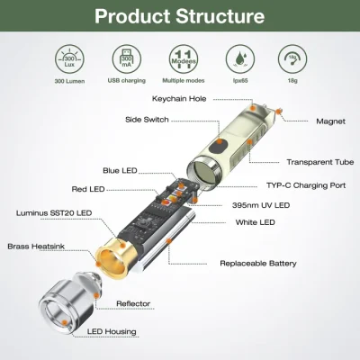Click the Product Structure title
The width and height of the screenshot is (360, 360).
tap(179, 16)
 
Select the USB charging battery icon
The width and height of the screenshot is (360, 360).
tap(125, 57)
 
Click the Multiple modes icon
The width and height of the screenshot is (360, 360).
tap(183, 57)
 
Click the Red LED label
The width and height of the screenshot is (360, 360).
tap(88, 189)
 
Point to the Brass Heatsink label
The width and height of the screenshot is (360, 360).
tap(36, 246)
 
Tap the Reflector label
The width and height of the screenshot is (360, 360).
tap(133, 303)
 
